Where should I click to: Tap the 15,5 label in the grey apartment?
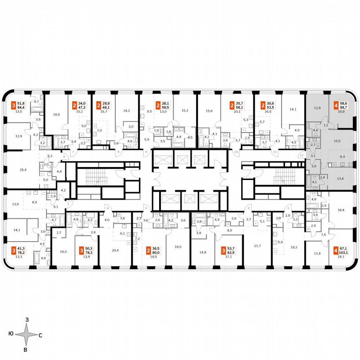tap(337, 141)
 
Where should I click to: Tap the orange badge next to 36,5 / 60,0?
tap(149, 251)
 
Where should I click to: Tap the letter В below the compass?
tap(26, 350)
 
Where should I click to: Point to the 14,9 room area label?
tap(203, 252)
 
